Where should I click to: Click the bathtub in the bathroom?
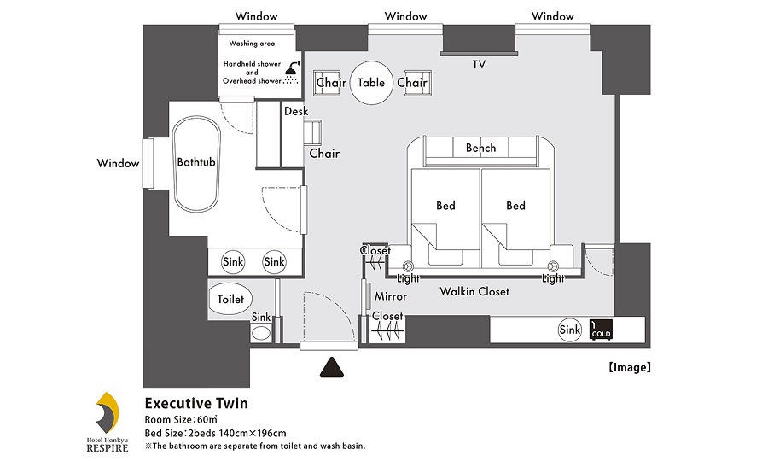pos(196,164)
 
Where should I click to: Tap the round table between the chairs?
pos(371,83)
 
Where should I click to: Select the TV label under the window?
pos(479,65)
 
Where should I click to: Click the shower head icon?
pos(292,73)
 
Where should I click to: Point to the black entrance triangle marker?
pos(332,368)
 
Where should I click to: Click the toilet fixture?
pos(230,299)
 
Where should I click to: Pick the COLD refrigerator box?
pos(601,330)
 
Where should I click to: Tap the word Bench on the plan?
pos(481,148)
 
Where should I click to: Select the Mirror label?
pos(391,296)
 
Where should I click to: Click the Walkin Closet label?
pos(474,291)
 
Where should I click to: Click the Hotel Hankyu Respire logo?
pos(108,422)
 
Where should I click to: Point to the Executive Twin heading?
pos(196,403)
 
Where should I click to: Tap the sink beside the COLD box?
pos(570,330)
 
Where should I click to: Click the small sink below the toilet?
pos(261,334)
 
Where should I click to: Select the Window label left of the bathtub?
pos(118,163)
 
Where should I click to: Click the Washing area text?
pos(252,44)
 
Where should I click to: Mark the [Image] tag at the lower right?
pos(630,367)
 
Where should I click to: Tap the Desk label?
pos(296,111)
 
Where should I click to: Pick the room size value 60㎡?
pos(207,420)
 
